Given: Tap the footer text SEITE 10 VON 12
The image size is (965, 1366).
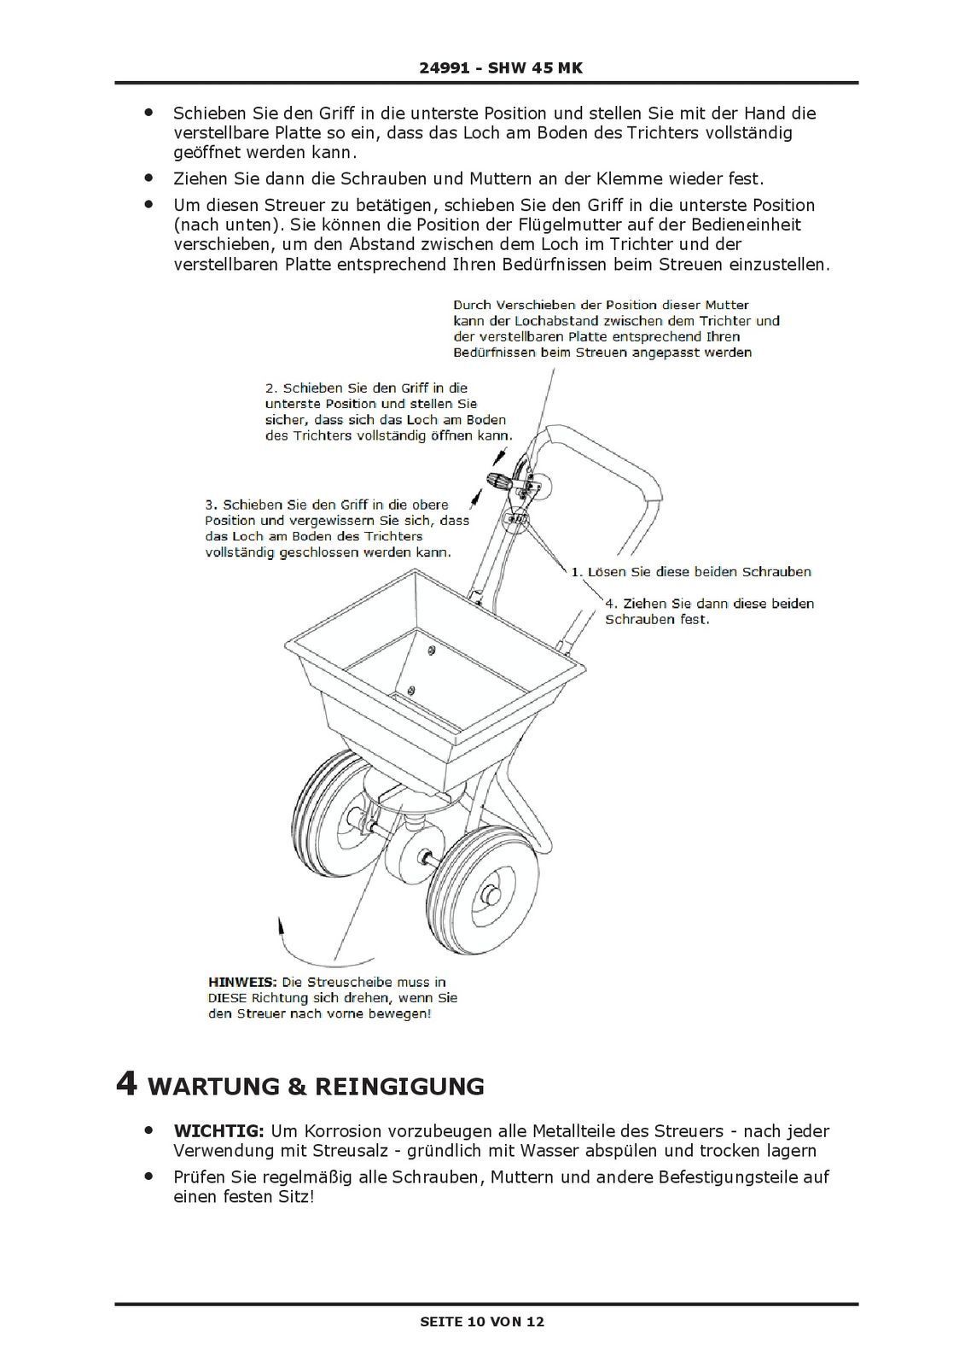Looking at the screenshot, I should tap(482, 1322).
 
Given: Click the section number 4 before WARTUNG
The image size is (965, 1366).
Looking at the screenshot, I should tap(126, 1084).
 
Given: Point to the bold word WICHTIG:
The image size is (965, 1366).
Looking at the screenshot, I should tap(220, 1131).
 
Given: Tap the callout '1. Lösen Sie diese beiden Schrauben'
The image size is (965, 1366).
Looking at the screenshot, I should tap(691, 572).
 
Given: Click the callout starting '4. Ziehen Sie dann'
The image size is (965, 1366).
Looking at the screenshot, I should tap(709, 611).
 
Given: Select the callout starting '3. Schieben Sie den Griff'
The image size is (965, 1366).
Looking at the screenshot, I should tap(336, 528).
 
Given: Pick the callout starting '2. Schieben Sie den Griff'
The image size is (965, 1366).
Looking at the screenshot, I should tap(388, 412).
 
